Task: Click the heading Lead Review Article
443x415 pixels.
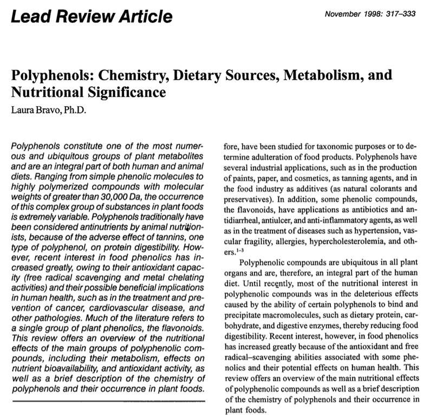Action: [92, 16]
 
